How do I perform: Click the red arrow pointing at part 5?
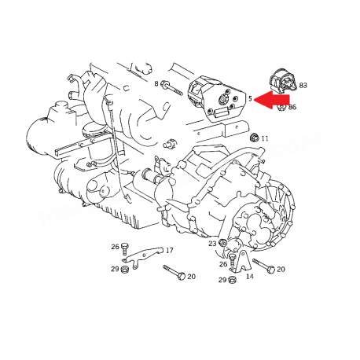pos(273,99)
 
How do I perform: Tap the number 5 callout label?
pos(250,98)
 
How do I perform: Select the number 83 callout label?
pos(303,85)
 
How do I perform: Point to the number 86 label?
pos(292,107)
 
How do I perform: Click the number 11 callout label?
pos(265,138)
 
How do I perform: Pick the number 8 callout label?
pos(156,83)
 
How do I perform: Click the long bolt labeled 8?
pos(171,88)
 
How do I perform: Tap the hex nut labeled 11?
pos(254,137)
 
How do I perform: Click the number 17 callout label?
pos(169,250)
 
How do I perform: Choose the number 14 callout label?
pos(250,276)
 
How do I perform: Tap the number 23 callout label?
pos(212,244)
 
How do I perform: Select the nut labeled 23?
pos(223,243)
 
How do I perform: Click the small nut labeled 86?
pos(281,107)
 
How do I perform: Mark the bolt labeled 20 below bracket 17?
pos(174,272)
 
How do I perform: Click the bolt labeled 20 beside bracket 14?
pos(263,266)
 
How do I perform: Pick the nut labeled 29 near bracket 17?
pos(125,269)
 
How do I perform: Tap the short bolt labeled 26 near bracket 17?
pos(125,248)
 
